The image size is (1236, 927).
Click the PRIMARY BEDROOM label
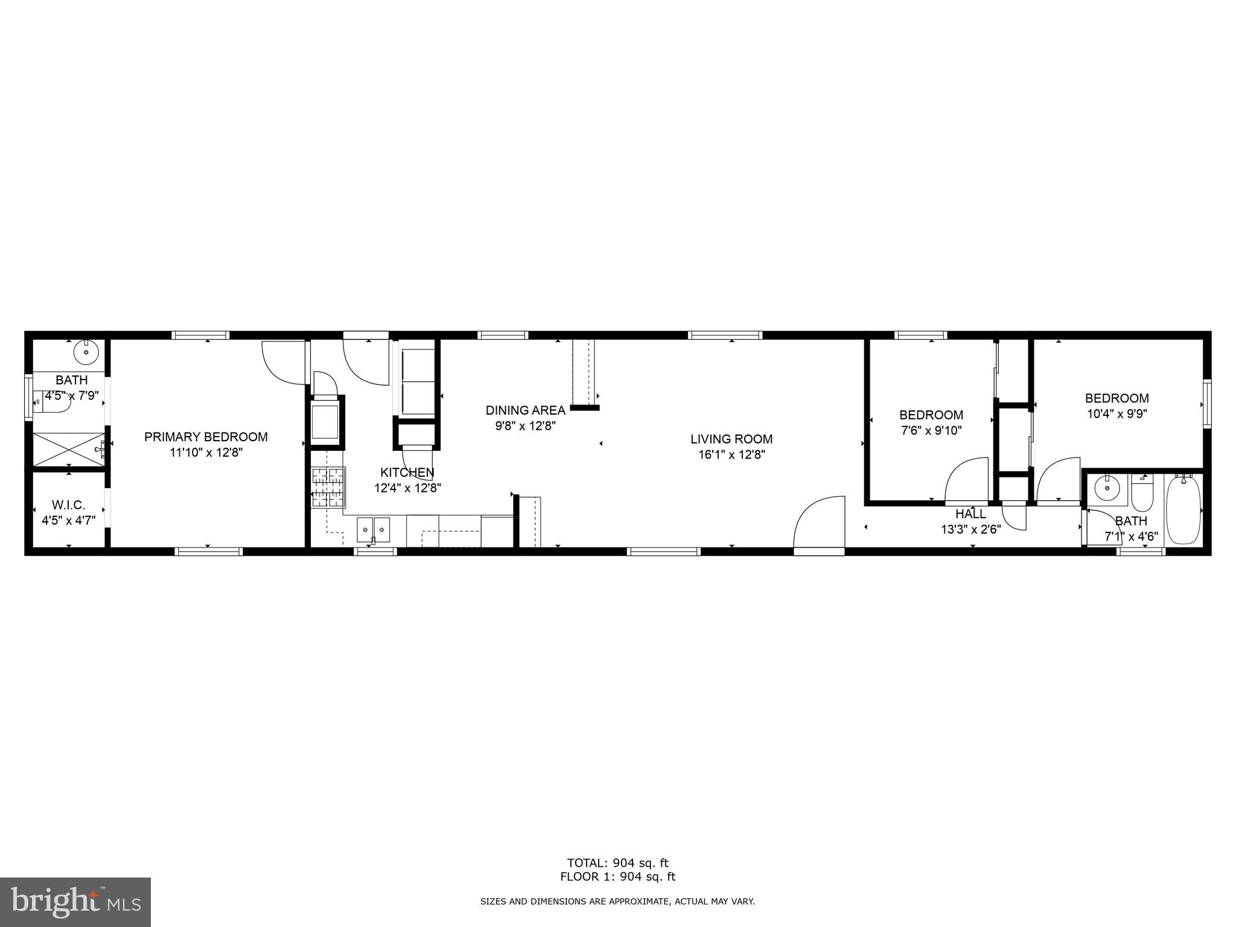click(206, 436)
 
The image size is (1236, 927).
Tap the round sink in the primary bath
click(86, 350)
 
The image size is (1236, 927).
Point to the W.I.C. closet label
click(68, 505)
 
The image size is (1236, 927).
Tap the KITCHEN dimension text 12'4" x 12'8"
click(407, 488)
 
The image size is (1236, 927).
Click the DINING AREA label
click(525, 410)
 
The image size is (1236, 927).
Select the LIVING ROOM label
click(731, 439)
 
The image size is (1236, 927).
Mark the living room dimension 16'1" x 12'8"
click(731, 455)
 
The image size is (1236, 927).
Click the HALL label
click(970, 514)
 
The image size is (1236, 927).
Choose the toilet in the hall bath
click(1142, 492)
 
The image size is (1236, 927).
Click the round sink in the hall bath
click(1107, 486)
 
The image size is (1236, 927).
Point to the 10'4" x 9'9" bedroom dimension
click(1117, 414)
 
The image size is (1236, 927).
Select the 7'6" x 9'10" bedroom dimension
click(931, 430)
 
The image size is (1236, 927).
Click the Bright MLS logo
click(75, 902)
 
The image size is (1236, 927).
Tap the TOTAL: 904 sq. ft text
click(617, 862)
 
